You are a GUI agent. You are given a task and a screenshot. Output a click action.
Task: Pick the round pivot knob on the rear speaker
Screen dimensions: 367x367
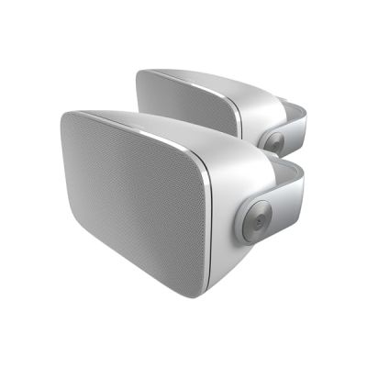[x=273, y=140]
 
